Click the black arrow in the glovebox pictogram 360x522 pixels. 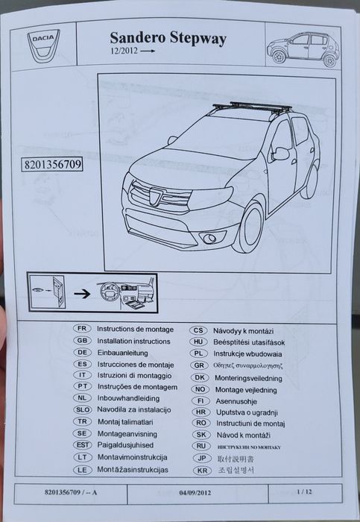(89, 294)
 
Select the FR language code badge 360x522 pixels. (83, 329)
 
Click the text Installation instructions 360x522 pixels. (134, 341)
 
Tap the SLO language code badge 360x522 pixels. (83, 411)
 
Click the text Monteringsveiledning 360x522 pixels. (250, 377)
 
